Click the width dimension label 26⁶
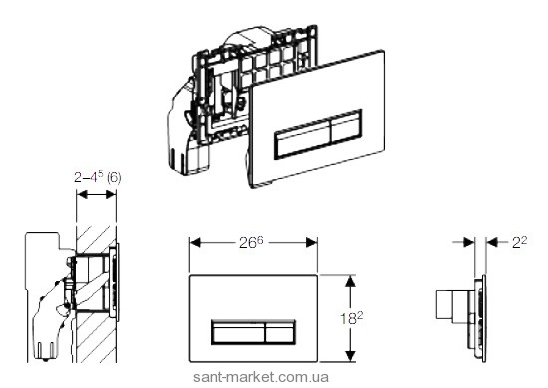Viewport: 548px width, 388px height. point(251,242)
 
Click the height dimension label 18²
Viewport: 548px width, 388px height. point(352,318)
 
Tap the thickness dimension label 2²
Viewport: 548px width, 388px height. point(519,242)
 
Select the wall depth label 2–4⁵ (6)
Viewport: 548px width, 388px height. point(98,177)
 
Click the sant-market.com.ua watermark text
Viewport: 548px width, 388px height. point(261,377)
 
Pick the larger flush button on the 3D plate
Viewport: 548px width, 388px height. point(302,138)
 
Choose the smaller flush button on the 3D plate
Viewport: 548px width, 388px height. point(346,126)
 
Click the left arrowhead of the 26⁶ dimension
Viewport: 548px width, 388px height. point(195,242)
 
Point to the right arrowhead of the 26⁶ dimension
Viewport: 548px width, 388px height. point(312,242)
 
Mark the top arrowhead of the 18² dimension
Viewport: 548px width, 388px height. point(350,281)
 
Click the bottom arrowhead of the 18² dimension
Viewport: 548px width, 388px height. point(350,356)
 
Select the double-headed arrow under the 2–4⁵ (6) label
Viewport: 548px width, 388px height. point(96,195)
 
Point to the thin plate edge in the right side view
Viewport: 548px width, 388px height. point(483,318)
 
